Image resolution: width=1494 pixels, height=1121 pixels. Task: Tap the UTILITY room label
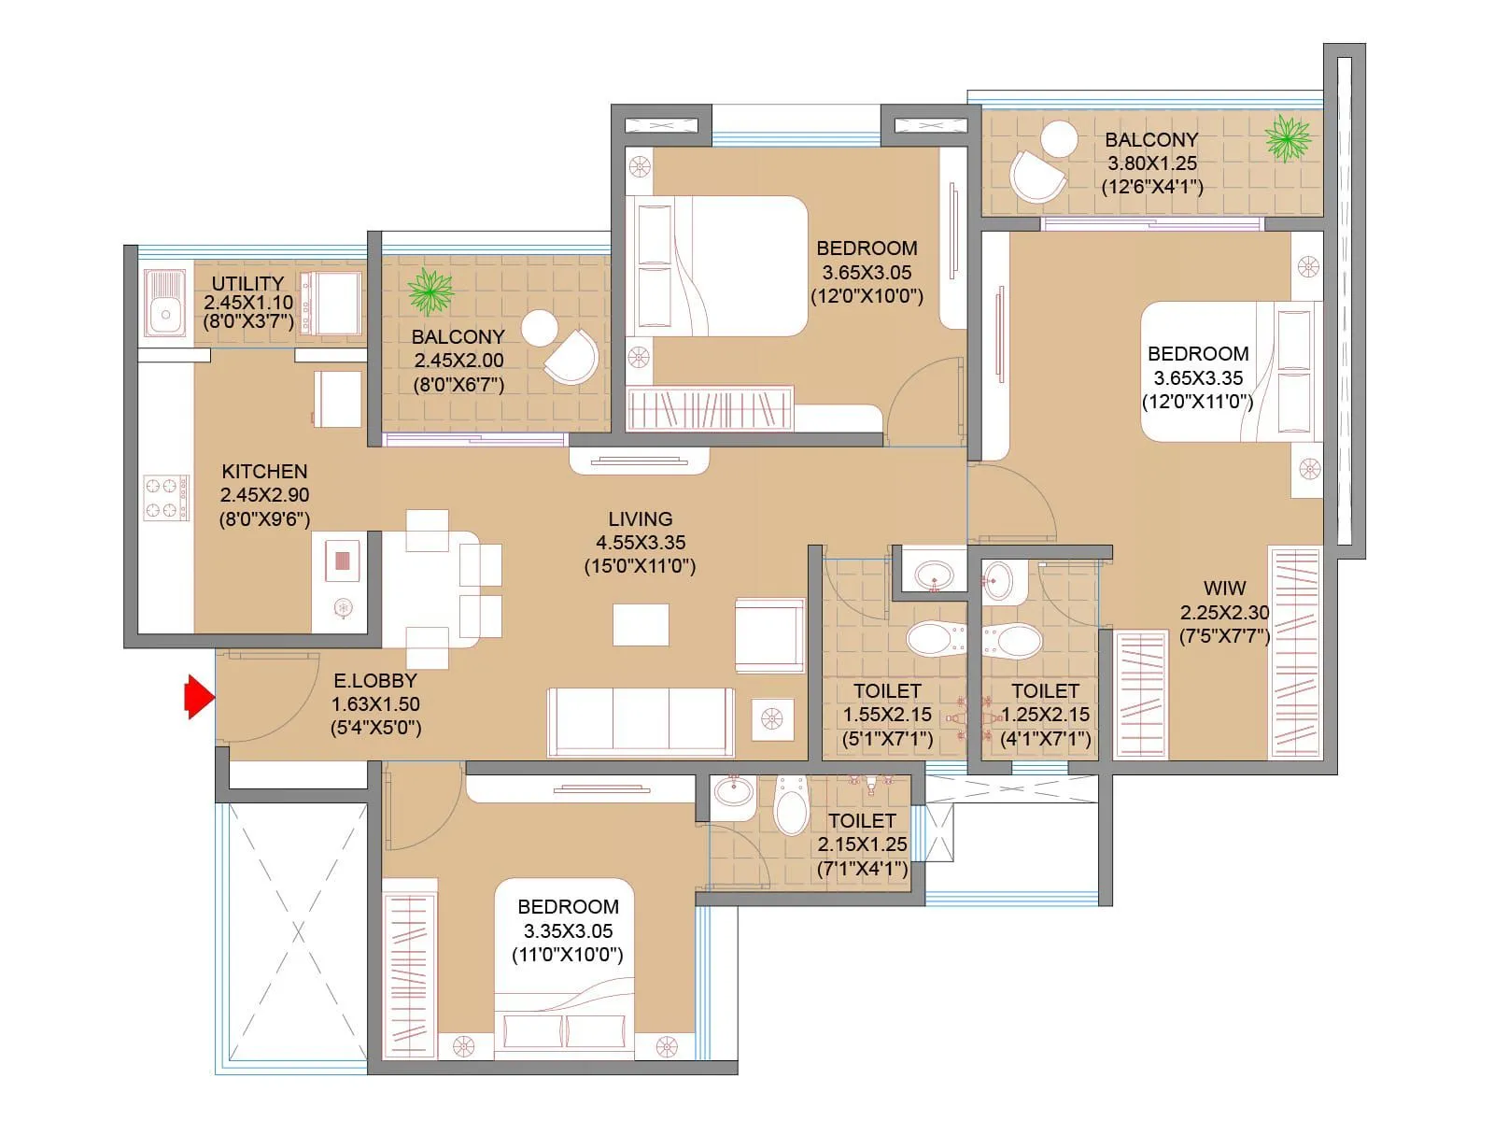[x=247, y=283]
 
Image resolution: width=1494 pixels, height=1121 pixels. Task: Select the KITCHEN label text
[x=264, y=472]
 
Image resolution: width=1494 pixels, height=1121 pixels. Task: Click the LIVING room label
[x=640, y=518]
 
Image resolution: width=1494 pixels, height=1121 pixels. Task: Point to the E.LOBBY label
[x=375, y=680]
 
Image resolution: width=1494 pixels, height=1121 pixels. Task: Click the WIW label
[x=1224, y=589]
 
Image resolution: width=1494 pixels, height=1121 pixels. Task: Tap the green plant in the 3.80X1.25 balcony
[x=1288, y=139]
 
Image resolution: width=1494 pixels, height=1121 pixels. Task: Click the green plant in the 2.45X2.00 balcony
[x=430, y=291]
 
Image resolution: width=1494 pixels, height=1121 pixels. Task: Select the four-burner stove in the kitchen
[x=166, y=497]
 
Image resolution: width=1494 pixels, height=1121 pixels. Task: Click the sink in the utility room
[x=166, y=304]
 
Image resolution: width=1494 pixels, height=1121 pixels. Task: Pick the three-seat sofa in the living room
[x=641, y=722]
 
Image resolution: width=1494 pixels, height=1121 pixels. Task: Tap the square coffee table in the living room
[x=641, y=624]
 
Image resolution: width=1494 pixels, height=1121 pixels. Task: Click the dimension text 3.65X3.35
[x=1198, y=378]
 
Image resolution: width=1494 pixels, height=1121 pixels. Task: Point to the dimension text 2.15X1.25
[x=862, y=844]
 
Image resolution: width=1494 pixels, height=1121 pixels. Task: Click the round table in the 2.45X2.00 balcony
[x=540, y=328]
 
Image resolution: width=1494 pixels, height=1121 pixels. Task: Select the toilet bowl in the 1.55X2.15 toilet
[x=935, y=640]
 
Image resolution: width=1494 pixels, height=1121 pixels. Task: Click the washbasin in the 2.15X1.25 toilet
[x=733, y=793]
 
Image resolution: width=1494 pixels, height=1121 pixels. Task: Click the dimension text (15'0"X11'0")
[x=640, y=566]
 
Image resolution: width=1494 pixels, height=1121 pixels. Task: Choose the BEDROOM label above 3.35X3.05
[x=568, y=907]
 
